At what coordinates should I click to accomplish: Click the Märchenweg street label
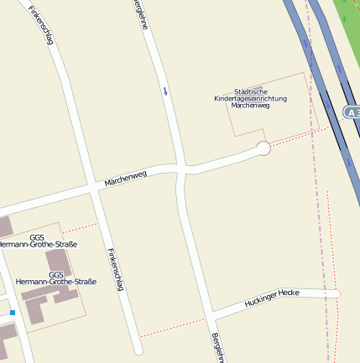tap(125, 178)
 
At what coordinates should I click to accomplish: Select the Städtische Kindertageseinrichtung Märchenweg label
tap(250, 98)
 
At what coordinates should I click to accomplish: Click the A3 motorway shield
tap(352, 111)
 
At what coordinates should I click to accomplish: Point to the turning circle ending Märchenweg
tap(263, 148)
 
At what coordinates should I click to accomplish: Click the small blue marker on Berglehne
tap(165, 90)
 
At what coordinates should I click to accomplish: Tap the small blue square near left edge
tap(13, 313)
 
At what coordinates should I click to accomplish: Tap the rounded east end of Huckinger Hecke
tap(337, 294)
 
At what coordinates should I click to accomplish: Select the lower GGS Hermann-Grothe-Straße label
tap(55, 278)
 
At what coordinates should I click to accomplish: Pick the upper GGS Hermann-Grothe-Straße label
tap(39, 241)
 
